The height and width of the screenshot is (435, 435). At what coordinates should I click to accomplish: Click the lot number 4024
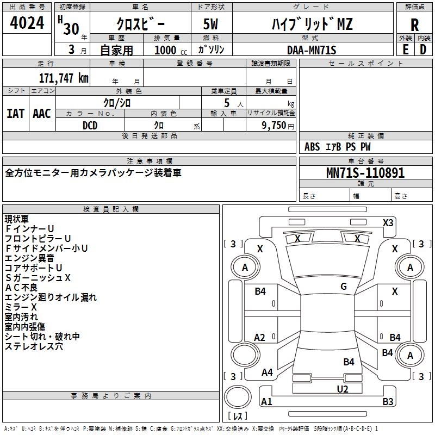click(27, 23)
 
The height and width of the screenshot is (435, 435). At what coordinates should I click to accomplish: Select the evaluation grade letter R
click(414, 25)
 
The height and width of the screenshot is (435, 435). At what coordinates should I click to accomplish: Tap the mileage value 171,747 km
click(64, 78)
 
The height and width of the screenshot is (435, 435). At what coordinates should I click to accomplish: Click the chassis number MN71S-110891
click(365, 173)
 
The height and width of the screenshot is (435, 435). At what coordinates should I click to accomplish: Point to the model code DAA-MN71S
click(312, 50)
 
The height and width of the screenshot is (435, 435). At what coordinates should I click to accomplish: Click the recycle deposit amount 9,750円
click(278, 126)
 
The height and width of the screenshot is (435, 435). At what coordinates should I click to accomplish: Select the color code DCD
click(90, 126)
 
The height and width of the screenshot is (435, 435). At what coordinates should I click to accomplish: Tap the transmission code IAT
click(15, 114)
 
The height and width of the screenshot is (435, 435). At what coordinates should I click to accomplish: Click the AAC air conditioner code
click(42, 114)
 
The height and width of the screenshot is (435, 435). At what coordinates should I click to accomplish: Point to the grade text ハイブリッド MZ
click(312, 24)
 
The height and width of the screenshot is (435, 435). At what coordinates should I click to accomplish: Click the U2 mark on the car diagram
click(343, 389)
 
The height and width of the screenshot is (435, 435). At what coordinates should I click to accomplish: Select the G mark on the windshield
click(344, 286)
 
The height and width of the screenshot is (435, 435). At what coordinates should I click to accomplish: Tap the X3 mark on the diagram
click(388, 223)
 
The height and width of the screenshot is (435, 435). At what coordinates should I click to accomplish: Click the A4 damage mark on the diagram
click(267, 372)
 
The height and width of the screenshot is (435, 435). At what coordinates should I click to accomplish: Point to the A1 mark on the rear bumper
click(266, 401)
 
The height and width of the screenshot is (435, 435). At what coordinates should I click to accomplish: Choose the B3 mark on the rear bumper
click(388, 401)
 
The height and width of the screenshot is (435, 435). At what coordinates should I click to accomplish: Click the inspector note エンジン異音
click(29, 258)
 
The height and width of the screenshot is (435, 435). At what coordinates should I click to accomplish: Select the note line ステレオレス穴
click(34, 346)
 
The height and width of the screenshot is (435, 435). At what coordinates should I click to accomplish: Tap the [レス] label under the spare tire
click(238, 416)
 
